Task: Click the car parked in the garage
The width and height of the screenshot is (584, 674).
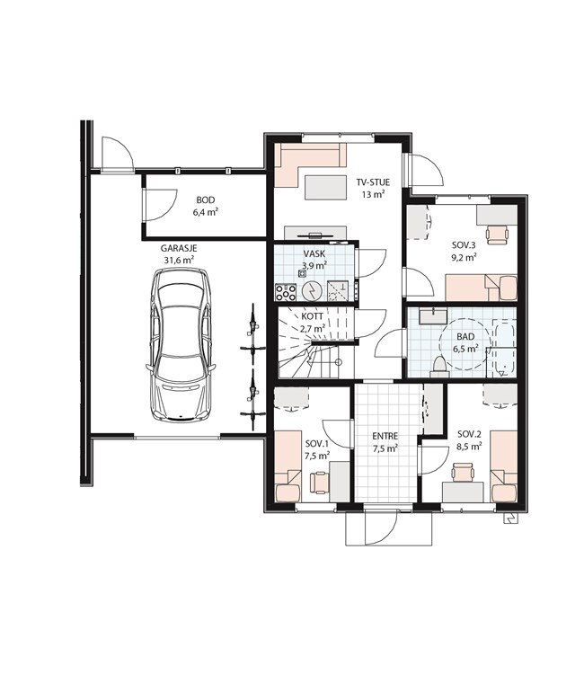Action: [x=181, y=344]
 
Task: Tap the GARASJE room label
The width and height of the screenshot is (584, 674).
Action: [x=179, y=248]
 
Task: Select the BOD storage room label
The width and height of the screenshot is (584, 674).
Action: [x=206, y=200]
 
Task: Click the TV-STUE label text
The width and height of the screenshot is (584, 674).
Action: [x=373, y=182]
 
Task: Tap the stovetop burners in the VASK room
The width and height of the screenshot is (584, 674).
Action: [x=286, y=293]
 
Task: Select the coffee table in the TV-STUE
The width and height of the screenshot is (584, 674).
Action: [x=326, y=188]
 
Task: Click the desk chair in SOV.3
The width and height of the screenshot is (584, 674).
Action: [x=497, y=235]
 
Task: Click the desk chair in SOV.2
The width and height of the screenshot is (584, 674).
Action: [x=463, y=472]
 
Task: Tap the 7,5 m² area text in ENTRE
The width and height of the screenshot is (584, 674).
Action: [x=385, y=448]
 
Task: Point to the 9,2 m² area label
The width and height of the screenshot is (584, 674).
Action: [x=464, y=258]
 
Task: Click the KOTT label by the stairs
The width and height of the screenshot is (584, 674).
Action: [x=313, y=316]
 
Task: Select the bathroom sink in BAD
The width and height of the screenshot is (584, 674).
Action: [x=433, y=316]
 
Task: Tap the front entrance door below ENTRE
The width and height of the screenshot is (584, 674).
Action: [x=380, y=528]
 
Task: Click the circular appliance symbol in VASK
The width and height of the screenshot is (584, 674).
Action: [x=311, y=292]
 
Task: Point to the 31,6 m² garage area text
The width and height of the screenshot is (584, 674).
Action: [x=179, y=260]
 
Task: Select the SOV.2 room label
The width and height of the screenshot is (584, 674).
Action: [x=468, y=434]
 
